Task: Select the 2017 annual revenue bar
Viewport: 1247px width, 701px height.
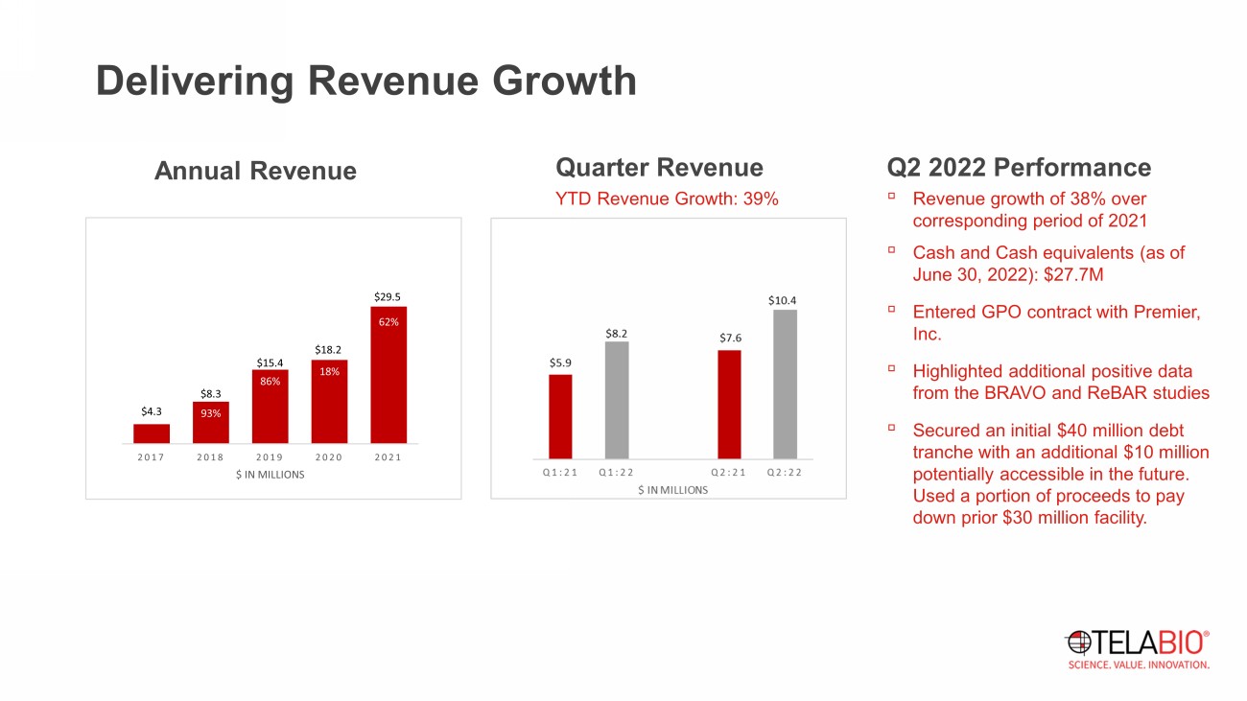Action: (152, 433)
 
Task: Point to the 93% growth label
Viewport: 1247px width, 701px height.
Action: (211, 413)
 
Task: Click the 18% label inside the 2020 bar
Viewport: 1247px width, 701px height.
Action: (329, 371)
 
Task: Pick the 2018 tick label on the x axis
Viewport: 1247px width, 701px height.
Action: (211, 457)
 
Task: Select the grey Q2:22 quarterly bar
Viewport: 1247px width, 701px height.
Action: (785, 384)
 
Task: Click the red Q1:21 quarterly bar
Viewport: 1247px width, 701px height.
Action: (560, 416)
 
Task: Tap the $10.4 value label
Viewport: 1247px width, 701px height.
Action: (783, 301)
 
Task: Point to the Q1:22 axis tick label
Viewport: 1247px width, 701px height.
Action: (617, 472)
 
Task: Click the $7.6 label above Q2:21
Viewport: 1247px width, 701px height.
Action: (730, 339)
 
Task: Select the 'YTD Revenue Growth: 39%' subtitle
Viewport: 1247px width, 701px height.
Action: (667, 199)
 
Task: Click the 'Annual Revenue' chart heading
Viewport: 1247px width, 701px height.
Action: (255, 172)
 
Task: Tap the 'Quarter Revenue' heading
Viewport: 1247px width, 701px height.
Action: (659, 168)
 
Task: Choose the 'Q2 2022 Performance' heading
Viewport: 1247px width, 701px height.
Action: (1019, 168)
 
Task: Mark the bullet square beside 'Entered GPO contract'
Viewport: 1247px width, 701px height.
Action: (891, 310)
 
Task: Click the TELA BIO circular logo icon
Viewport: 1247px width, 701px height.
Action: (1078, 642)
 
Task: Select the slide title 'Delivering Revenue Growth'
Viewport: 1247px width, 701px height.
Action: (365, 82)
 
